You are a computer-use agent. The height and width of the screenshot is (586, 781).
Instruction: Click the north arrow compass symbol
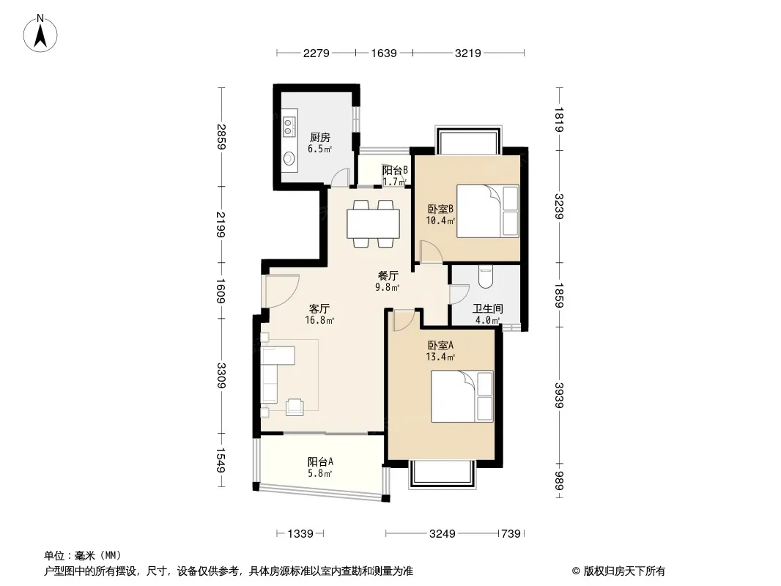click(40, 34)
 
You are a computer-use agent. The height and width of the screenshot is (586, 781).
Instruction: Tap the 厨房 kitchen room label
click(319, 138)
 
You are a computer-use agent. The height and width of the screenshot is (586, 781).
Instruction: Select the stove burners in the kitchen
click(289, 126)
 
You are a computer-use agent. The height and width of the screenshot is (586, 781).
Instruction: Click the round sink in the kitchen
click(289, 158)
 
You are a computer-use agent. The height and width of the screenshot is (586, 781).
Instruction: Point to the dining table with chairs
click(373, 223)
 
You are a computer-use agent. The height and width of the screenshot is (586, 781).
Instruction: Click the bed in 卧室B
click(488, 211)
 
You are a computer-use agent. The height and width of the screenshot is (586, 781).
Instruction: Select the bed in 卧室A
click(462, 396)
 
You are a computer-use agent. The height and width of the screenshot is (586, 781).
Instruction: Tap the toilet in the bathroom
click(485, 278)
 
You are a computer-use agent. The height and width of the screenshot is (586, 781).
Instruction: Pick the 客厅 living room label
click(319, 308)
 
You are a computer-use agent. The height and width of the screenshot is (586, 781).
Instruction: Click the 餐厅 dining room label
click(388, 275)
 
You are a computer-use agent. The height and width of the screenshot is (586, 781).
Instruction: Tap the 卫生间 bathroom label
click(488, 308)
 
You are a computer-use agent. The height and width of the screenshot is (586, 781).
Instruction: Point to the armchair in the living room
click(295, 407)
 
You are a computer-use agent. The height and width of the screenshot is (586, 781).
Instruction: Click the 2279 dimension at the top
click(317, 53)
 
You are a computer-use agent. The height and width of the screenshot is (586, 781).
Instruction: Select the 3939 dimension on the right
click(559, 396)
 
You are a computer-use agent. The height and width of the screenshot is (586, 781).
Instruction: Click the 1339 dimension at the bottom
click(300, 534)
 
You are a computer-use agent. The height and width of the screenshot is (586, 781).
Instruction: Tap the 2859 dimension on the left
click(221, 136)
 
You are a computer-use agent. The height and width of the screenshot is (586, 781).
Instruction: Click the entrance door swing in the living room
click(281, 291)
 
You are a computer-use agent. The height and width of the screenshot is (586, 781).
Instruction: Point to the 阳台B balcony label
click(395, 170)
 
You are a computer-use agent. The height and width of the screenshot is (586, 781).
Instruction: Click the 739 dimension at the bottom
click(511, 534)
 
